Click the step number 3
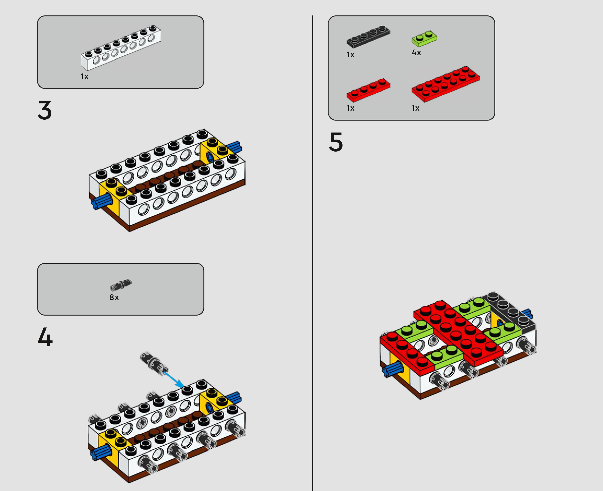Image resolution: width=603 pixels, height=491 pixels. [45, 110]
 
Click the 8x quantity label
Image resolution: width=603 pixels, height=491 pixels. [114, 297]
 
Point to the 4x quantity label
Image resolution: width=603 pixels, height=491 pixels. [416, 53]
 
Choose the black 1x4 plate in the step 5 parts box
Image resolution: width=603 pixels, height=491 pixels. [368, 37]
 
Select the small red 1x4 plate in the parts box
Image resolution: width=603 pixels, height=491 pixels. [368, 90]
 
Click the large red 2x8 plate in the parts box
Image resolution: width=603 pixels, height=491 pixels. [446, 84]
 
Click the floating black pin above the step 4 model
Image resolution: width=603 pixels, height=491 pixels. [154, 363]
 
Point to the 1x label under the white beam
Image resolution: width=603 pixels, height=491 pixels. [85, 76]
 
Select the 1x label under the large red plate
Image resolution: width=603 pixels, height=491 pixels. [415, 108]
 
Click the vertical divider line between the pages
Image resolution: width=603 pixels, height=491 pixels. [313, 253]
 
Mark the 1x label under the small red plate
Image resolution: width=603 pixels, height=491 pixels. [351, 108]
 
